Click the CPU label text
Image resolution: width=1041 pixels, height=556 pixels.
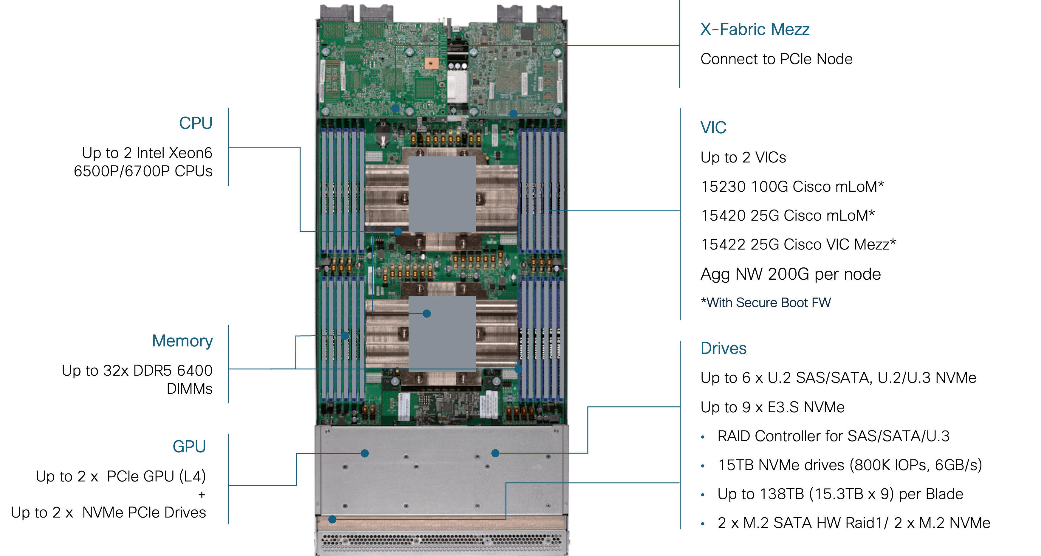coord(196,123)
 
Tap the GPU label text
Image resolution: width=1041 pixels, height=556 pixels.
coord(189,447)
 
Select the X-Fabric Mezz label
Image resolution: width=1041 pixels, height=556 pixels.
coord(755,30)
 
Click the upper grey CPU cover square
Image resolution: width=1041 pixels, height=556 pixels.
coord(442,194)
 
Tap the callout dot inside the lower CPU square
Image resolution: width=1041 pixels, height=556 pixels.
coord(427,314)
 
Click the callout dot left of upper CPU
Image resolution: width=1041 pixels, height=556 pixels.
coord(398,231)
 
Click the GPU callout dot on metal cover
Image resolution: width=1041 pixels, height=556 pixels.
coord(365,453)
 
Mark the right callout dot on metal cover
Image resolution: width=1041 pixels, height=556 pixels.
coord(495,453)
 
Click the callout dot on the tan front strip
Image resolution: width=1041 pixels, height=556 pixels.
coord(332,520)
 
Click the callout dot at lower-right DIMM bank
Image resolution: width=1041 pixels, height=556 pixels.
coord(518,368)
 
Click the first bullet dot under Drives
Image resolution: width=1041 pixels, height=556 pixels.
coord(703,437)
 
